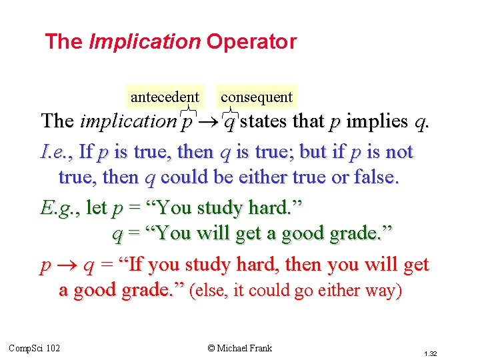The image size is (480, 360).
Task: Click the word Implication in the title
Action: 144,42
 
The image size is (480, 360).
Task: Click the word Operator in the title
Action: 251,42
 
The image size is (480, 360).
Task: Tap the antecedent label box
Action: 165,97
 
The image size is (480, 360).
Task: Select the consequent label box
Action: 257,97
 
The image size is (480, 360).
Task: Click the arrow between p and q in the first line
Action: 209,122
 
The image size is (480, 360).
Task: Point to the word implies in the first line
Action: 377,121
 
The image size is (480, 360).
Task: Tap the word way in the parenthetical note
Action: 383,292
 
